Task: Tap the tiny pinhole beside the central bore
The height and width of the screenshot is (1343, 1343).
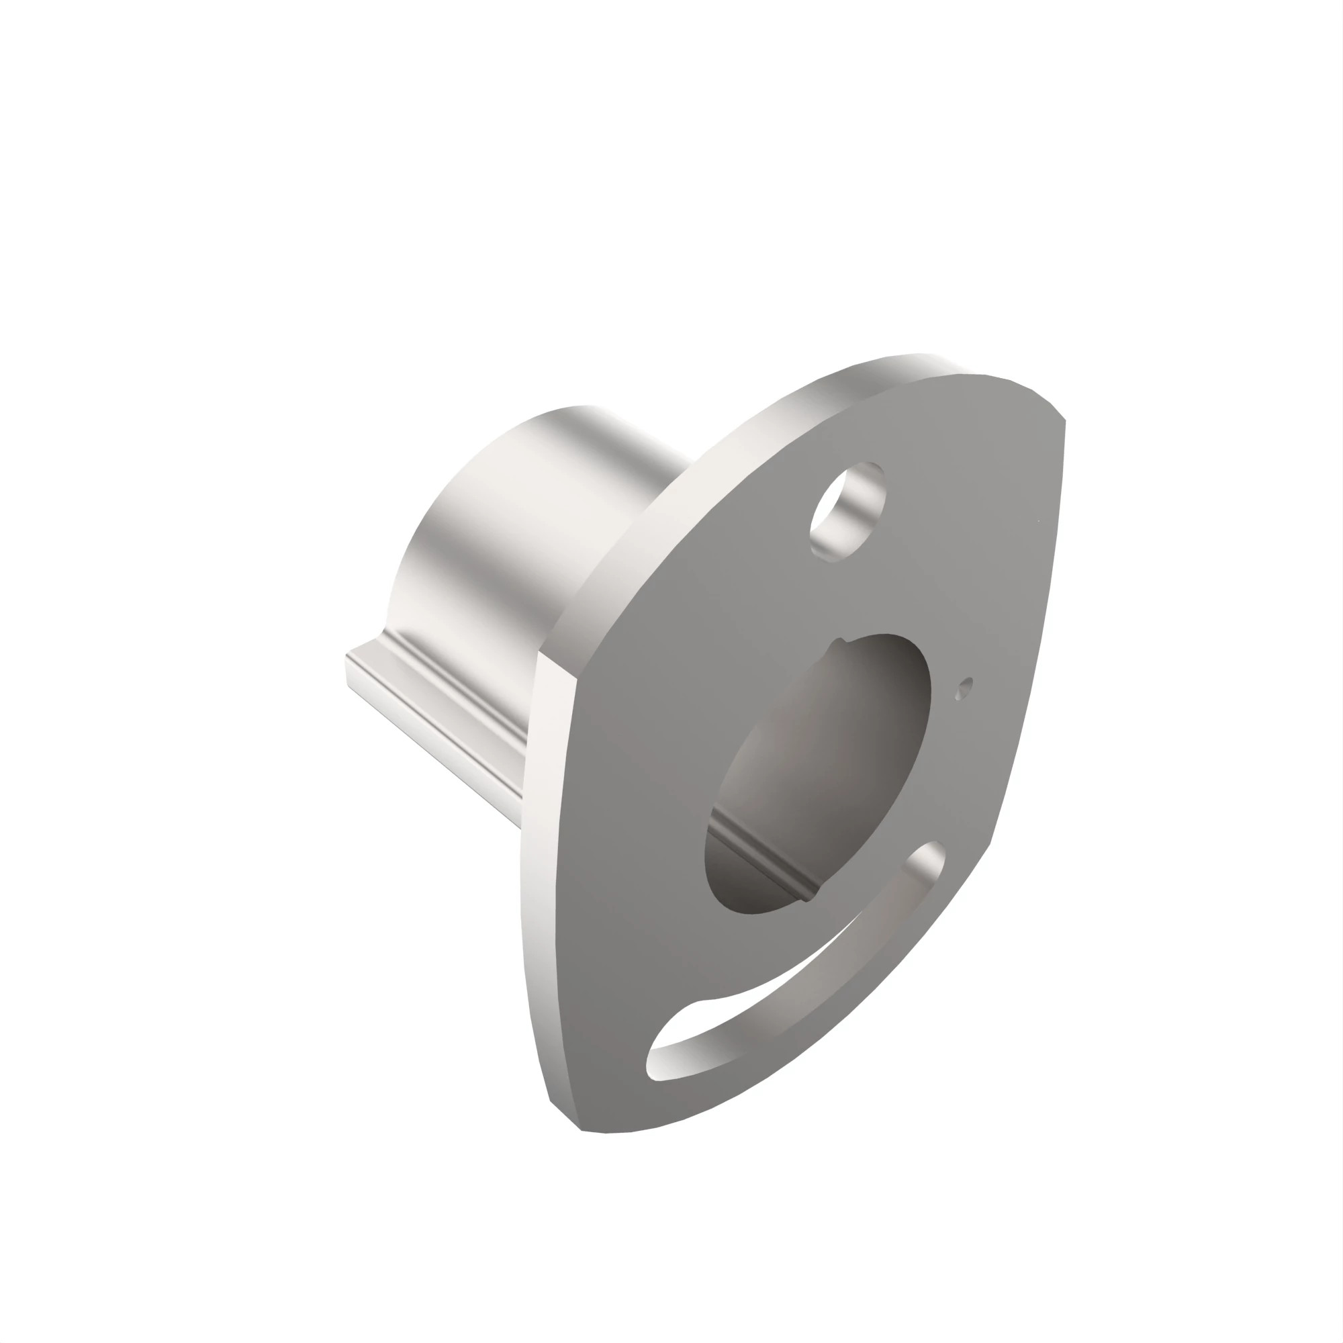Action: (963, 690)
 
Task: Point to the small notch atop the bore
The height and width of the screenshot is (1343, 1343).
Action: (842, 640)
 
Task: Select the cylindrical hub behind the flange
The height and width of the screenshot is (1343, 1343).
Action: (528, 528)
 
